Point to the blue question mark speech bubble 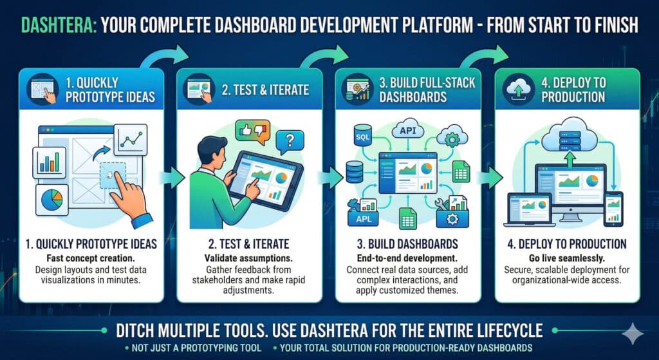click(290, 140)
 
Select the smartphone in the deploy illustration click(613, 207)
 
